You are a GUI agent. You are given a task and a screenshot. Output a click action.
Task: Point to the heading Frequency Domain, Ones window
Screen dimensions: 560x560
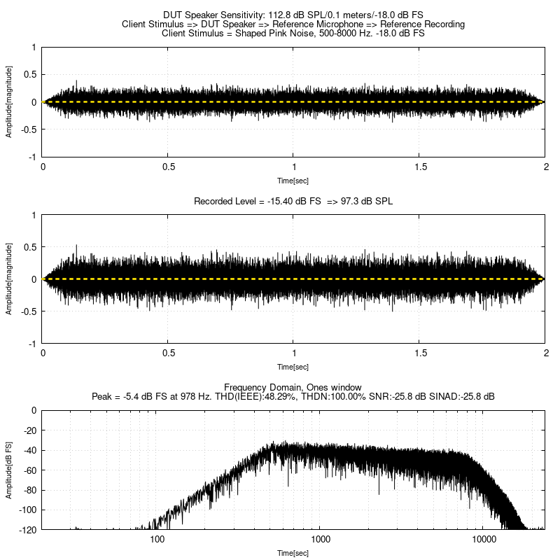[x=293, y=387]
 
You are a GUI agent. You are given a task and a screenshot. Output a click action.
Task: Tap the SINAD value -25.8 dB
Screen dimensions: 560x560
[x=477, y=396]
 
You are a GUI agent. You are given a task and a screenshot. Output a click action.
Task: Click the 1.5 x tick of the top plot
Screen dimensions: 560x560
[x=420, y=167]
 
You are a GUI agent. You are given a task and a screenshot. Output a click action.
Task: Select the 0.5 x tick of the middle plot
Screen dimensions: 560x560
[x=168, y=354]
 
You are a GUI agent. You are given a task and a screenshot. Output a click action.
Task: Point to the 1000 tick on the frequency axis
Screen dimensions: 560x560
[x=321, y=540]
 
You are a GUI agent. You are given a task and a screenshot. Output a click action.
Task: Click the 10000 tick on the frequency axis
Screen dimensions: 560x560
[x=484, y=540]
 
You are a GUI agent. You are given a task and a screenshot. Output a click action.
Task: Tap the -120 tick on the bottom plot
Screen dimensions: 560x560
[x=29, y=529]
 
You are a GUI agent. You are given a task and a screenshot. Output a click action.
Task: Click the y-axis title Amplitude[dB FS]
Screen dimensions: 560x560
[x=9, y=470]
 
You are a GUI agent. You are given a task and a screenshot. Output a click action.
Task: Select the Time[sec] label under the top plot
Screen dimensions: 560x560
[x=293, y=179]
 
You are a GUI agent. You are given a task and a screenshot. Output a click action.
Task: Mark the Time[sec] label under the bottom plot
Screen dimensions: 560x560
[x=293, y=553]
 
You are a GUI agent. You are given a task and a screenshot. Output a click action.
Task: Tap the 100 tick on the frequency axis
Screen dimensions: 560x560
[x=157, y=540]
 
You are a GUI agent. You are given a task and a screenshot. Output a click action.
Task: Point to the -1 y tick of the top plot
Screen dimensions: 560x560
[x=33, y=157]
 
